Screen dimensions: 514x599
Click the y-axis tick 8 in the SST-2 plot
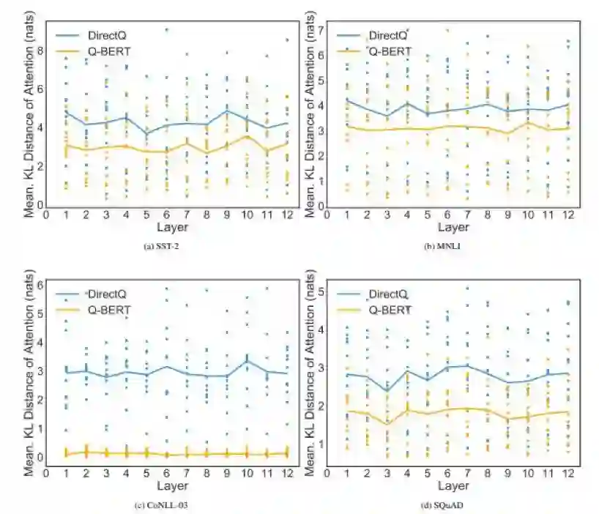pos(40,51)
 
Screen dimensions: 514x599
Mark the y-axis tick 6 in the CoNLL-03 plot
pos(40,284)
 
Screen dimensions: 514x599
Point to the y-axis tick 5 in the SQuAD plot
pos(321,291)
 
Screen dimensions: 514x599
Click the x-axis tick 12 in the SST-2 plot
pos(287,215)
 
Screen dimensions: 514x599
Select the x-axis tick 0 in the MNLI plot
pos(327,215)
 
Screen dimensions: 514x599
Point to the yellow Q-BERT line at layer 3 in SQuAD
pos(387,423)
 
